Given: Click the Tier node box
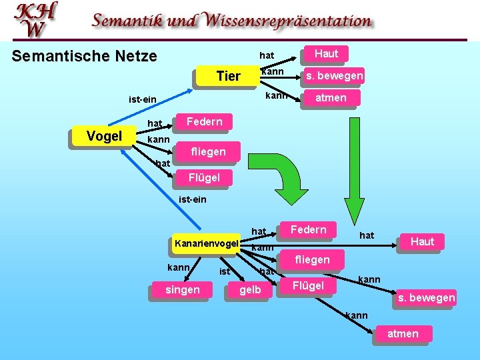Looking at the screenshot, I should tap(228, 76).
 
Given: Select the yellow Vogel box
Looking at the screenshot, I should tap(104, 137).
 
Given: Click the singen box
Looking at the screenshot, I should tap(181, 290).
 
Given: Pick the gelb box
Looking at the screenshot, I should tap(250, 290).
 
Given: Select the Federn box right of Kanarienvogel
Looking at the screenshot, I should tap(308, 230).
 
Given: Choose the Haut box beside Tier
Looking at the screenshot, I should tap(326, 53).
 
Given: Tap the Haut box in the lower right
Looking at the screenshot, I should tap(422, 241).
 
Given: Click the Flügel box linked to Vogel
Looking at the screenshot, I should tap(203, 177).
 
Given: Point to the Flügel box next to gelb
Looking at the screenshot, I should tap(308, 286).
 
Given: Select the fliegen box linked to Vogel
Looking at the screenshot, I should tap(208, 152).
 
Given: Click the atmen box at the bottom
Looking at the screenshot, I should tap(403, 333).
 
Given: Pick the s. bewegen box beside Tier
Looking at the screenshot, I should tap(334, 76).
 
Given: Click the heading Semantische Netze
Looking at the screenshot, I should tap(85, 56).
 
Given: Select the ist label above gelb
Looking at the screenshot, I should tap(225, 271).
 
